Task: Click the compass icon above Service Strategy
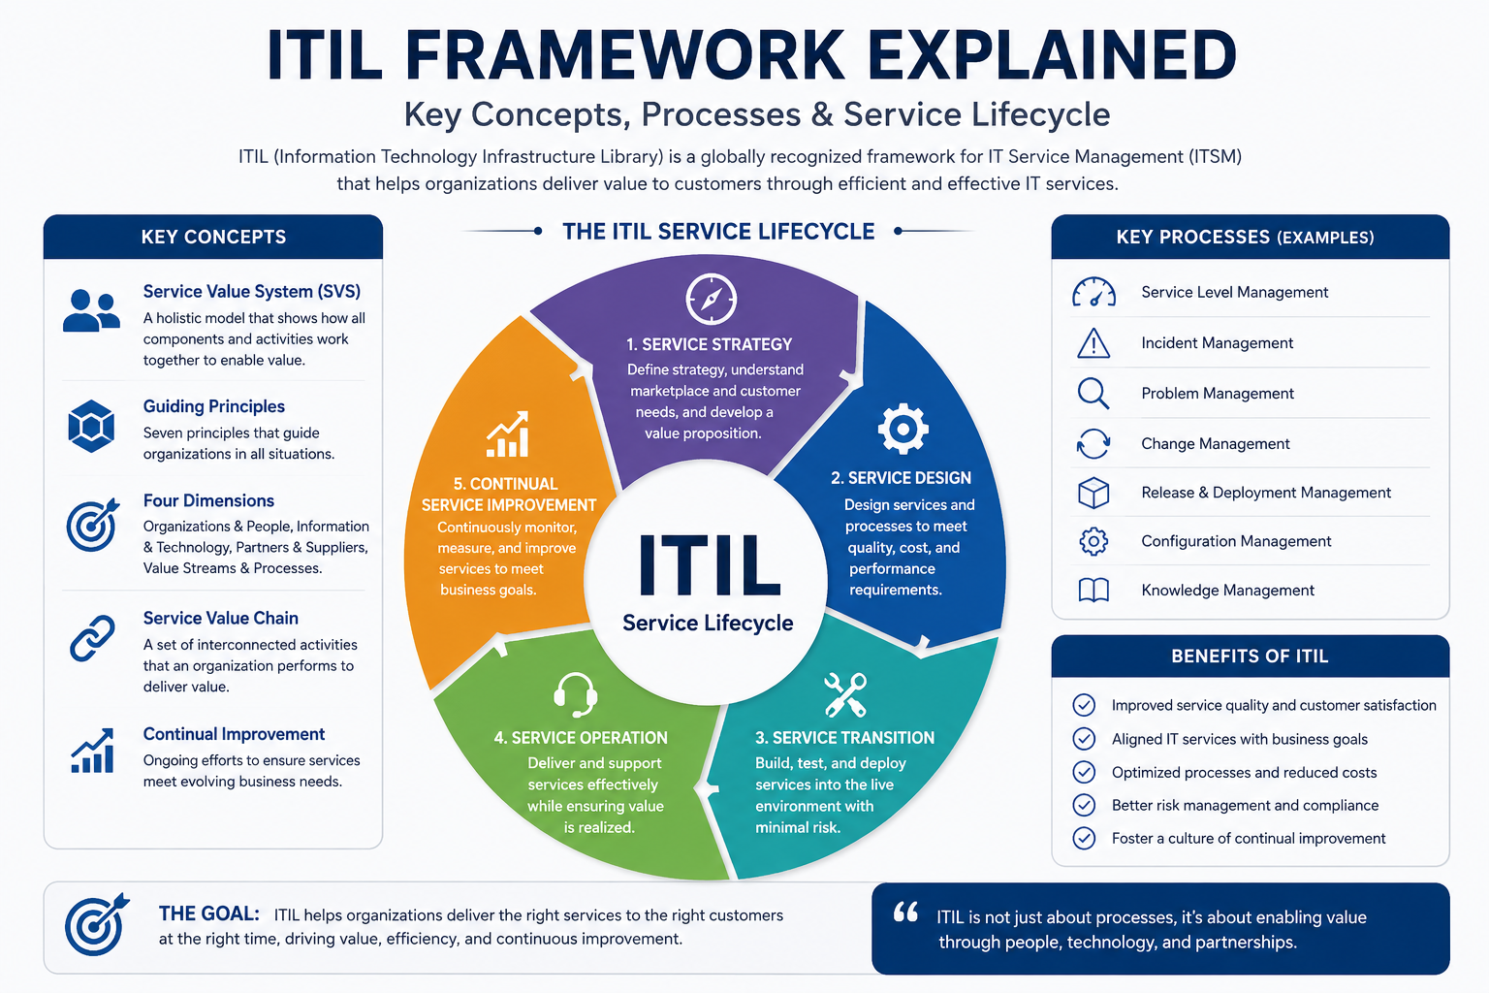pos(712,299)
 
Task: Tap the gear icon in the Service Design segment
pos(903,429)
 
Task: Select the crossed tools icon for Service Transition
pos(845,695)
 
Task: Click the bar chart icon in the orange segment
pos(508,434)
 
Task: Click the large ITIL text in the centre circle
pos(709,564)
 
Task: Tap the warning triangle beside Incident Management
pos(1093,343)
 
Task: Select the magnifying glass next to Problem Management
pos(1093,394)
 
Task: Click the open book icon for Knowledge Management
pos(1093,590)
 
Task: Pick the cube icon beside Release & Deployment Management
pos(1093,493)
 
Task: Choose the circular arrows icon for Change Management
pos(1093,443)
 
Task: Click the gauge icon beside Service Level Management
pos(1093,292)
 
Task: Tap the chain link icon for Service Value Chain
pos(92,638)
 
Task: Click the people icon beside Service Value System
pos(92,310)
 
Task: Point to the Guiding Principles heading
pos(214,406)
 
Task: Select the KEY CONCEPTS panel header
pos(213,237)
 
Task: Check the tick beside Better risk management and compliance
pos(1084,806)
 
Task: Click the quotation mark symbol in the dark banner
pos(905,912)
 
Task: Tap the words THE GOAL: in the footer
pos(208,913)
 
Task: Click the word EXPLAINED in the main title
pos(1052,55)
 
